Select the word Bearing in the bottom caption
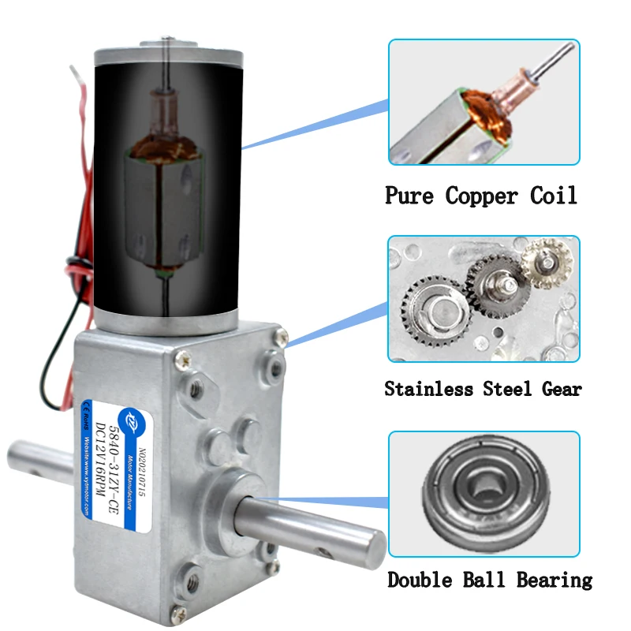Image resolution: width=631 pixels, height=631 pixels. click(x=554, y=581)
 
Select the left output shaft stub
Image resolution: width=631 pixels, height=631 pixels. click(x=39, y=465)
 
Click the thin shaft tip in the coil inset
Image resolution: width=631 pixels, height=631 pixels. click(x=562, y=55)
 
